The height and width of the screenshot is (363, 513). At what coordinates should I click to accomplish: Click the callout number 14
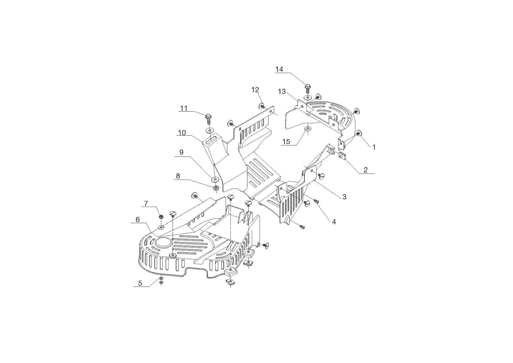coord(279,69)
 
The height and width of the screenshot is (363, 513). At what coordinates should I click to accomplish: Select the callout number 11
coord(184,108)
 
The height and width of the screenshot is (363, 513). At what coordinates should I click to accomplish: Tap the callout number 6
coord(137,220)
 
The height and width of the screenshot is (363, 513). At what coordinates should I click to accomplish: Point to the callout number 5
coord(140,283)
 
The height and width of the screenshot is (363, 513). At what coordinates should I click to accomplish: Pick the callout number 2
coord(366,170)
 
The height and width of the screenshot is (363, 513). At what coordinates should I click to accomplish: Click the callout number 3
coord(344,197)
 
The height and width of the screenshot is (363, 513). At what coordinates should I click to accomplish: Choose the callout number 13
coord(282,92)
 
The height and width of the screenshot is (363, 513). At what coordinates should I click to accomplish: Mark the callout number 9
coord(181,152)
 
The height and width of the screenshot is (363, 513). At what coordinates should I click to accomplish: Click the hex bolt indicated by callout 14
coord(307,88)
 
